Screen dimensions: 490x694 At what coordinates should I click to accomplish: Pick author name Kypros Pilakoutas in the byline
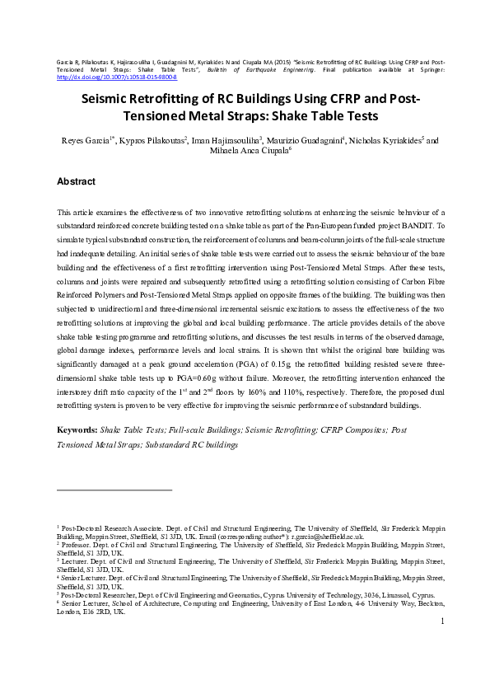[x=154, y=140]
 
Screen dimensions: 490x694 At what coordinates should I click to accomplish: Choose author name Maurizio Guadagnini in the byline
[x=306, y=140]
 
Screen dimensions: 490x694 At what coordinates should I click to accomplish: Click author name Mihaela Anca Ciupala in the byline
[x=245, y=151]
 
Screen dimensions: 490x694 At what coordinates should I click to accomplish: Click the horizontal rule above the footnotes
[x=114, y=490]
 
